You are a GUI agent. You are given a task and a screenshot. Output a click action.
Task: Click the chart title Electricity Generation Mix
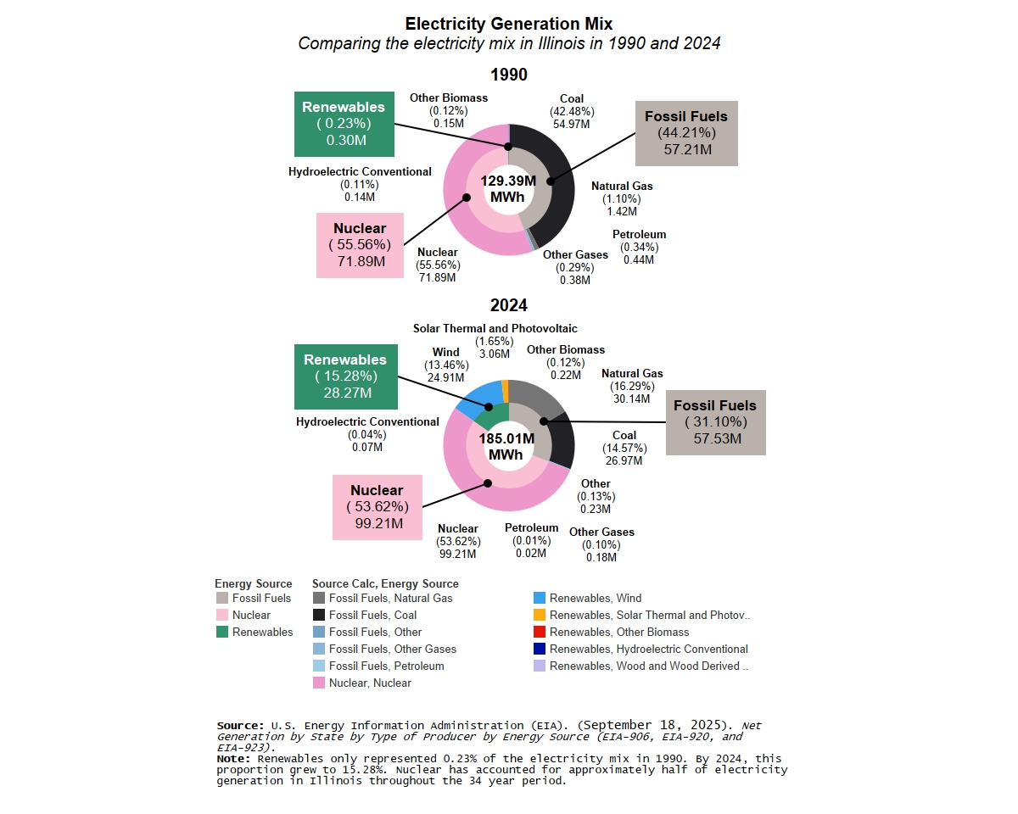pyautogui.click(x=508, y=24)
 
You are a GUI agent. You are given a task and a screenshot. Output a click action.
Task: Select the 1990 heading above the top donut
pyautogui.click(x=508, y=75)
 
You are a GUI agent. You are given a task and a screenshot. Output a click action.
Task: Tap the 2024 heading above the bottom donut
pyautogui.click(x=508, y=305)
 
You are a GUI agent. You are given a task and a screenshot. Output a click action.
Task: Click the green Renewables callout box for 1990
pyautogui.click(x=344, y=124)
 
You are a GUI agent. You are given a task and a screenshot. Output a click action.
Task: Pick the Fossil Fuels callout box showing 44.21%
pyautogui.click(x=685, y=132)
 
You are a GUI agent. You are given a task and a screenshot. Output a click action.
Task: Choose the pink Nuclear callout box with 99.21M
pyautogui.click(x=377, y=506)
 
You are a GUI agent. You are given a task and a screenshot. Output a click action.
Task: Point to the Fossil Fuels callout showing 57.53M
pyautogui.click(x=715, y=422)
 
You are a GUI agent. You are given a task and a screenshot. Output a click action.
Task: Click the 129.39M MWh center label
pyautogui.click(x=508, y=189)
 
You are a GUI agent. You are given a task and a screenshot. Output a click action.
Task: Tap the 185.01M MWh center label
pyautogui.click(x=506, y=447)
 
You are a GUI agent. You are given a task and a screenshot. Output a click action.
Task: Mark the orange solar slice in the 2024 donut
pyautogui.click(x=505, y=390)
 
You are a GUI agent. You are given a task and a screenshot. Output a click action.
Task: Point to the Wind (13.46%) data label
pyautogui.click(x=445, y=365)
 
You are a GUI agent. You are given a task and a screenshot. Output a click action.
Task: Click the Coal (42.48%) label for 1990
pyautogui.click(x=572, y=111)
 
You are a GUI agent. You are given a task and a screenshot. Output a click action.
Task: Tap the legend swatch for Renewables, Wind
pyautogui.click(x=540, y=598)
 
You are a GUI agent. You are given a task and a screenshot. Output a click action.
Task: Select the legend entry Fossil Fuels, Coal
pyautogui.click(x=372, y=615)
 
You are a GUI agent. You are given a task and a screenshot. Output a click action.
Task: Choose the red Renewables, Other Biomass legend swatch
pyautogui.click(x=540, y=632)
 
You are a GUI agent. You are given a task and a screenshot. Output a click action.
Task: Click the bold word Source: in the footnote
pyautogui.click(x=241, y=726)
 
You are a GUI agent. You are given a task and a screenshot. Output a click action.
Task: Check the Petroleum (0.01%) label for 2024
pyautogui.click(x=532, y=541)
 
